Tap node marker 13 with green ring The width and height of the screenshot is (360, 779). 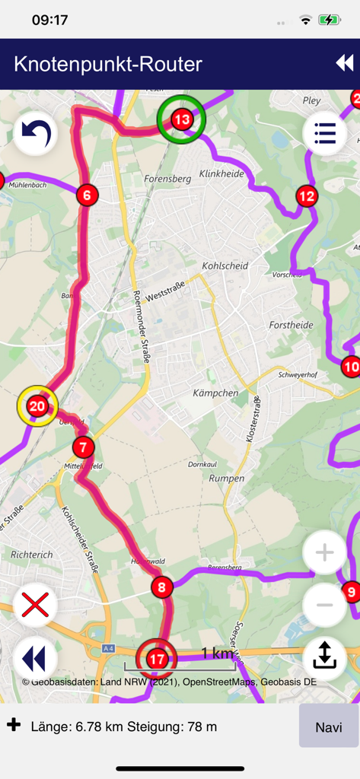point(181,119)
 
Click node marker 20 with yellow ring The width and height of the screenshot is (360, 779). point(37,406)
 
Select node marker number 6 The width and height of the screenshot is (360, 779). point(87,196)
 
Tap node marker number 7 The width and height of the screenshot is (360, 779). point(82,447)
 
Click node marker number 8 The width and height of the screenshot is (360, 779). point(161,587)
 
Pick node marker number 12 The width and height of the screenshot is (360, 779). point(307,196)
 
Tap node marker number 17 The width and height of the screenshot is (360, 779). point(156,659)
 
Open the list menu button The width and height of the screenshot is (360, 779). point(325,134)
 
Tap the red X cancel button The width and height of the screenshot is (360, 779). point(35,606)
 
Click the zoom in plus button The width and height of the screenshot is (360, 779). point(325,552)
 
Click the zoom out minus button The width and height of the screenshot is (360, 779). point(325,605)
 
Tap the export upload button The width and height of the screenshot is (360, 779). point(325,656)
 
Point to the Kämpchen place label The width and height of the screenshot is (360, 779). point(215,393)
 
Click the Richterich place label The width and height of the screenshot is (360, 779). point(32,555)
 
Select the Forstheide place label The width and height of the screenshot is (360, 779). point(291,325)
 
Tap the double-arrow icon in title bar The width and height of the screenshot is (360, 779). point(345,63)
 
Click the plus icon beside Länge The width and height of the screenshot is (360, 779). point(14,725)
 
